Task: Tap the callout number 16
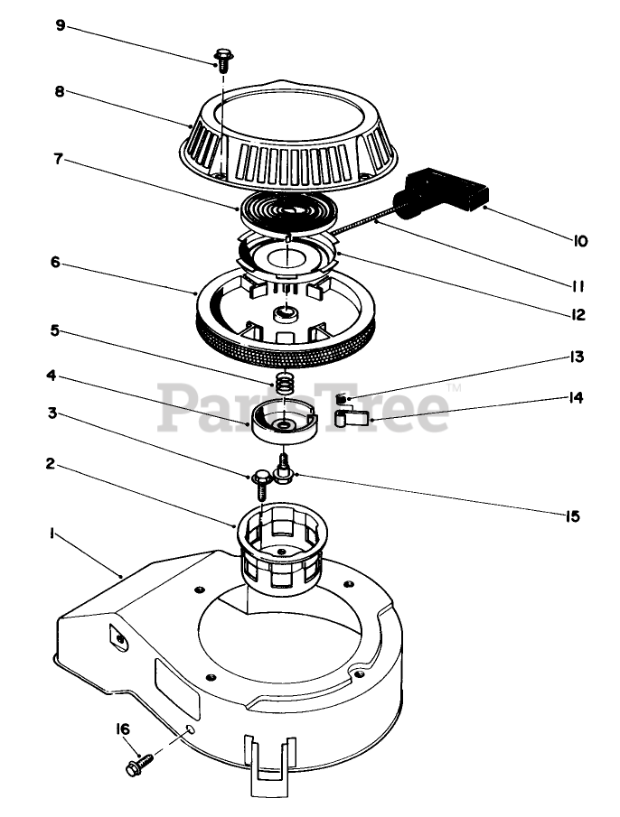click(122, 728)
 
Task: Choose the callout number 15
click(572, 516)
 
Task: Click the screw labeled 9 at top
click(223, 60)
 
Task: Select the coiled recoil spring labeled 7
click(287, 212)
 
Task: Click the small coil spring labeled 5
click(286, 383)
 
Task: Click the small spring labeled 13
click(342, 400)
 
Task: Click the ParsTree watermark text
click(304, 406)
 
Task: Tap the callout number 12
click(579, 315)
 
